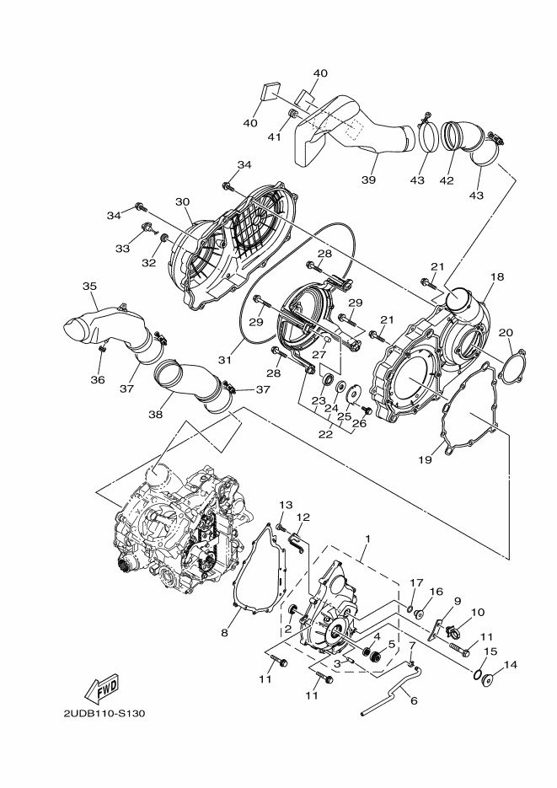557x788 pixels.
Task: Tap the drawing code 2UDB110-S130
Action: (x=104, y=714)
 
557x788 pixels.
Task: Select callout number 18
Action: (x=497, y=277)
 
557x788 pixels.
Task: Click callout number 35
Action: (x=89, y=286)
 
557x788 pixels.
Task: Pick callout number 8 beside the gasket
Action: (x=225, y=632)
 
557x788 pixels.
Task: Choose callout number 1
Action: (x=367, y=538)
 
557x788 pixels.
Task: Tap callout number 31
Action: (x=225, y=359)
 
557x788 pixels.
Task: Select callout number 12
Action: (x=303, y=517)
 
